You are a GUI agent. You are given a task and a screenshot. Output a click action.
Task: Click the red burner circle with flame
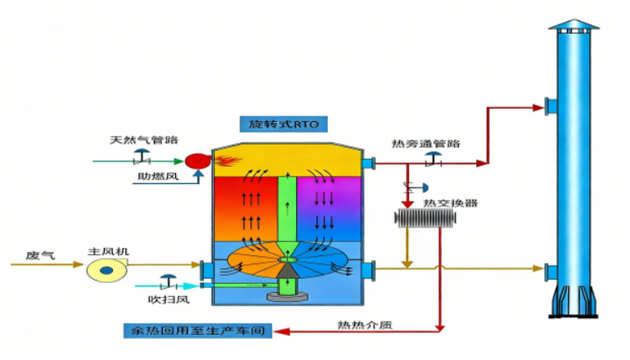click(x=196, y=160)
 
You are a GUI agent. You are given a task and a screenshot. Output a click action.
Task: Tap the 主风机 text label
click(x=105, y=250)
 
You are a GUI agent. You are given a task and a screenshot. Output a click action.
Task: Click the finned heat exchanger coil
click(x=424, y=219)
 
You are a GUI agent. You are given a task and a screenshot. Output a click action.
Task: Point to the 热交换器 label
click(x=445, y=202)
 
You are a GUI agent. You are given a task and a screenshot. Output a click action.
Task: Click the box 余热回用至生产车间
click(x=196, y=331)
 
